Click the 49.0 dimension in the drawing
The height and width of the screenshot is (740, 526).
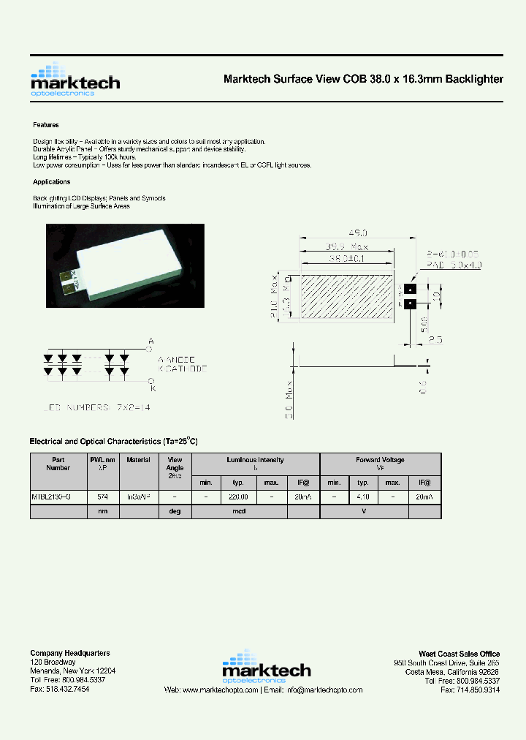click(x=357, y=232)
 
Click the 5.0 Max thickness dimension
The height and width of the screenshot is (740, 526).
click(x=290, y=399)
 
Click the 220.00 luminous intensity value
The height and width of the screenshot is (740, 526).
click(x=239, y=497)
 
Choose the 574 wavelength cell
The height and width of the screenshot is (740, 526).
click(x=103, y=497)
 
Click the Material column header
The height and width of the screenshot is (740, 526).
click(x=138, y=460)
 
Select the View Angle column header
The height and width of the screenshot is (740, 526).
click(x=175, y=464)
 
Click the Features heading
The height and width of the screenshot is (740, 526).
click(x=45, y=125)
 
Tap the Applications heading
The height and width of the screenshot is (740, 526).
click(x=52, y=182)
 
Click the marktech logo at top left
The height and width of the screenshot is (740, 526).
click(x=75, y=80)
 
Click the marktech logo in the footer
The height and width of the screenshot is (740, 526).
click(x=266, y=666)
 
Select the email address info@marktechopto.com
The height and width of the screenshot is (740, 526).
click(x=324, y=690)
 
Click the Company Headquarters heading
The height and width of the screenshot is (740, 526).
click(x=70, y=653)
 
